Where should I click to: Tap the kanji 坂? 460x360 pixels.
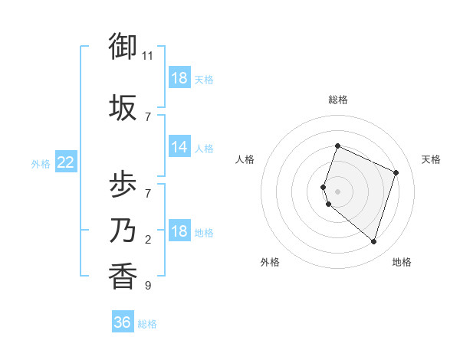click(123, 107)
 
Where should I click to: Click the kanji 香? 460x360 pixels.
click(123, 276)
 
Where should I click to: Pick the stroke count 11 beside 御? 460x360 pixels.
click(148, 56)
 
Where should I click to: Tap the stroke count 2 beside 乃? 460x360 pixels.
click(148, 240)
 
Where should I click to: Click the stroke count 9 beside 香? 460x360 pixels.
click(148, 286)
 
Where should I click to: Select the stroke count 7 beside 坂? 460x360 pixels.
click(148, 117)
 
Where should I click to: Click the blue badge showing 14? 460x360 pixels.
click(179, 147)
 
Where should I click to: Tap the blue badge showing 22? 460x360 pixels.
click(65, 162)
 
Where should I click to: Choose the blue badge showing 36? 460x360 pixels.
click(123, 322)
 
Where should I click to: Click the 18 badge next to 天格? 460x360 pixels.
click(179, 78)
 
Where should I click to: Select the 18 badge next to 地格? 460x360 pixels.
click(179, 231)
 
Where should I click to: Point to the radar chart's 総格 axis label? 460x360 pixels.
click(338, 100)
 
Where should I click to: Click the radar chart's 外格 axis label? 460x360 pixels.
click(270, 262)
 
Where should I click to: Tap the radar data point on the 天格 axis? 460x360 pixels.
click(396, 172)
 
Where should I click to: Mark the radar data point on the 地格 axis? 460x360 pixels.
click(373, 241)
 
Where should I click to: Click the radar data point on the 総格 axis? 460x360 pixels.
click(337, 146)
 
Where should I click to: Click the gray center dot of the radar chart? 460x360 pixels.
click(337, 191)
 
